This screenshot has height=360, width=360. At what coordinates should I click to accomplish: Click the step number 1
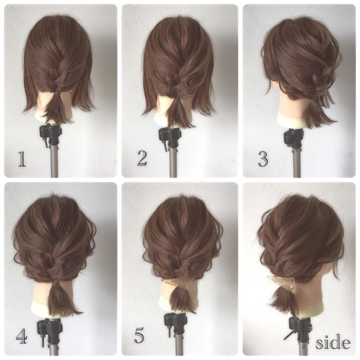(x=22, y=159)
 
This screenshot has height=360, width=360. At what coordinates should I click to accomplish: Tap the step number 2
(x=142, y=158)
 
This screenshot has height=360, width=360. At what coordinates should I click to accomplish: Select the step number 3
(x=263, y=159)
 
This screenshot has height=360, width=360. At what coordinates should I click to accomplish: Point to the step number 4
(x=22, y=337)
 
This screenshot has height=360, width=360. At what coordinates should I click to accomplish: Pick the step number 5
(x=139, y=336)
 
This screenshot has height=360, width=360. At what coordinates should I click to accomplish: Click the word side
(x=333, y=343)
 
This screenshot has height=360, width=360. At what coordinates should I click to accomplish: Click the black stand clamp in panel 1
(x=50, y=135)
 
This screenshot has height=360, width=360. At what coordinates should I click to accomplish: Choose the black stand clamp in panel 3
(x=294, y=138)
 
